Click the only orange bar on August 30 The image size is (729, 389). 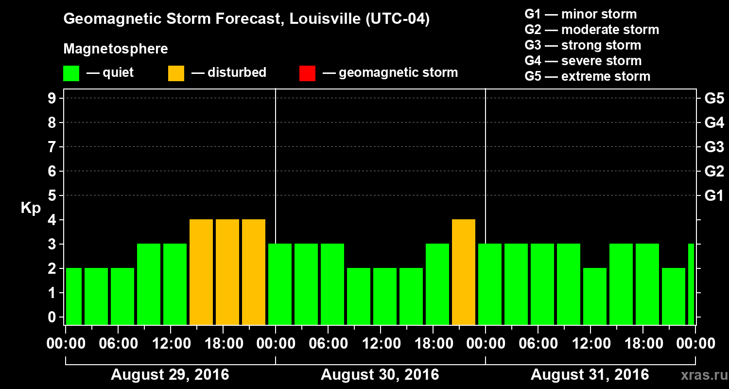click(x=464, y=272)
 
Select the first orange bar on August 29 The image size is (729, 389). click(x=201, y=272)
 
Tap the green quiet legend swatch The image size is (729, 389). click(x=71, y=73)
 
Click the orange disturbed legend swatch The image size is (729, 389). click(x=176, y=73)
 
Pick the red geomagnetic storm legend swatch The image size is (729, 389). click(x=307, y=73)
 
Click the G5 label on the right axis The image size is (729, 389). click(x=714, y=99)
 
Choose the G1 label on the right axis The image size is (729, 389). click(x=714, y=196)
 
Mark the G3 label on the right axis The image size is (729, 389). click(x=714, y=147)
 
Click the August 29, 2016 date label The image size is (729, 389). click(x=170, y=375)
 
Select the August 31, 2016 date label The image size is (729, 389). click(x=590, y=375)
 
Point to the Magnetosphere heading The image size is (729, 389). click(x=116, y=49)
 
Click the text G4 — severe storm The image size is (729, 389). click(x=583, y=61)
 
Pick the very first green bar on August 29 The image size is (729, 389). click(x=74, y=296)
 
